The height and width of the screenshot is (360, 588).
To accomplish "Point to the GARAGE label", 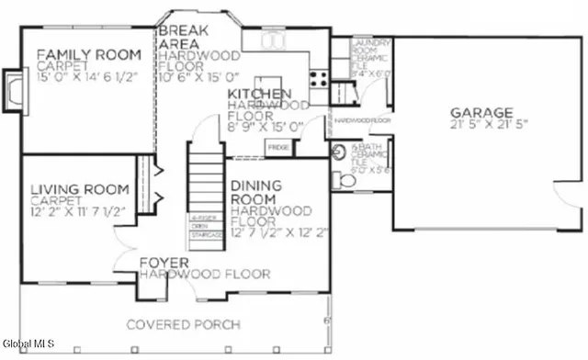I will coord(481,113).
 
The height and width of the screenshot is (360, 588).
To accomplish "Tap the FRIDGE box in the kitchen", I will coord(278,146).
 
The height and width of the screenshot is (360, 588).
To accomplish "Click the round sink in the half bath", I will coord(337,152).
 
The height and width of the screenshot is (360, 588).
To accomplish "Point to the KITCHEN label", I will coord(260,95).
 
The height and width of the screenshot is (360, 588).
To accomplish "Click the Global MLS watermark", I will coord(28,344).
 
